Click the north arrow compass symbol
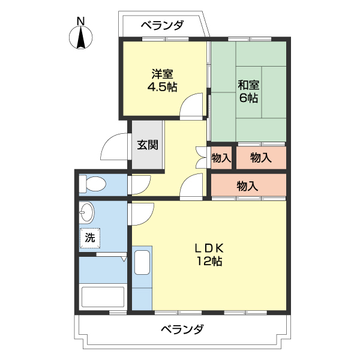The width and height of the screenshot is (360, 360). pos(81,38)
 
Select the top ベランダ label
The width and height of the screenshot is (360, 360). pos(162,25)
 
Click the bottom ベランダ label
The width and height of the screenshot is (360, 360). pos(182,329)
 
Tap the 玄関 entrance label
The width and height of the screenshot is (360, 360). pos(147,145)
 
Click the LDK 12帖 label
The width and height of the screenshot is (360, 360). pos(208,254)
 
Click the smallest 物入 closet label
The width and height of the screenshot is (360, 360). pos(221,158)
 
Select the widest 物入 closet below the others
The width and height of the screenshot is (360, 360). pos(247,186)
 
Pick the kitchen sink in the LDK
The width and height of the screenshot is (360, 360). pos(142,263)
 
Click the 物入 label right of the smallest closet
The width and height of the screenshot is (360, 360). pos(260,158)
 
